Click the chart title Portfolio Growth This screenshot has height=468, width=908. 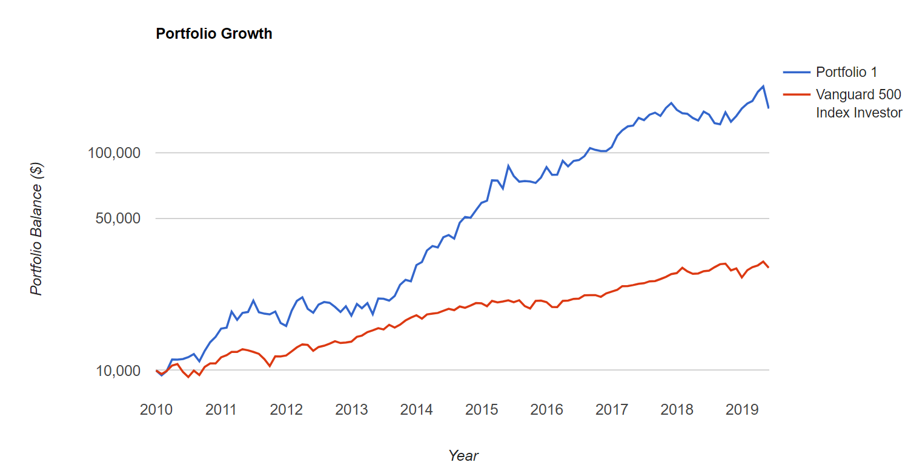(214, 34)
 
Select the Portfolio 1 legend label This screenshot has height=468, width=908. (846, 72)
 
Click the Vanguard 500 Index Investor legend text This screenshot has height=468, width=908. (859, 104)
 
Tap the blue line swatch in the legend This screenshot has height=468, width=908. (797, 72)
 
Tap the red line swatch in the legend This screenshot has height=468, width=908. (797, 94)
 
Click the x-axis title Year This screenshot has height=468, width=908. (463, 456)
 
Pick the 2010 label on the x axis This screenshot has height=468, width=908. (156, 410)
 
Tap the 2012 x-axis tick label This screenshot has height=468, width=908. (286, 410)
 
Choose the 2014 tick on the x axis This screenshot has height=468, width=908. (416, 410)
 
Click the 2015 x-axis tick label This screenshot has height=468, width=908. (482, 410)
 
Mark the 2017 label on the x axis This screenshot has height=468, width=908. (612, 410)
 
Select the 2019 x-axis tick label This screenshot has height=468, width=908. (742, 410)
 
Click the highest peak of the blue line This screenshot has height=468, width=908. (763, 86)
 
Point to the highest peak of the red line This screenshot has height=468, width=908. (763, 262)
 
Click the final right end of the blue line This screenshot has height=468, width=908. (769, 108)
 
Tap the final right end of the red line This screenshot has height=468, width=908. (769, 268)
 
